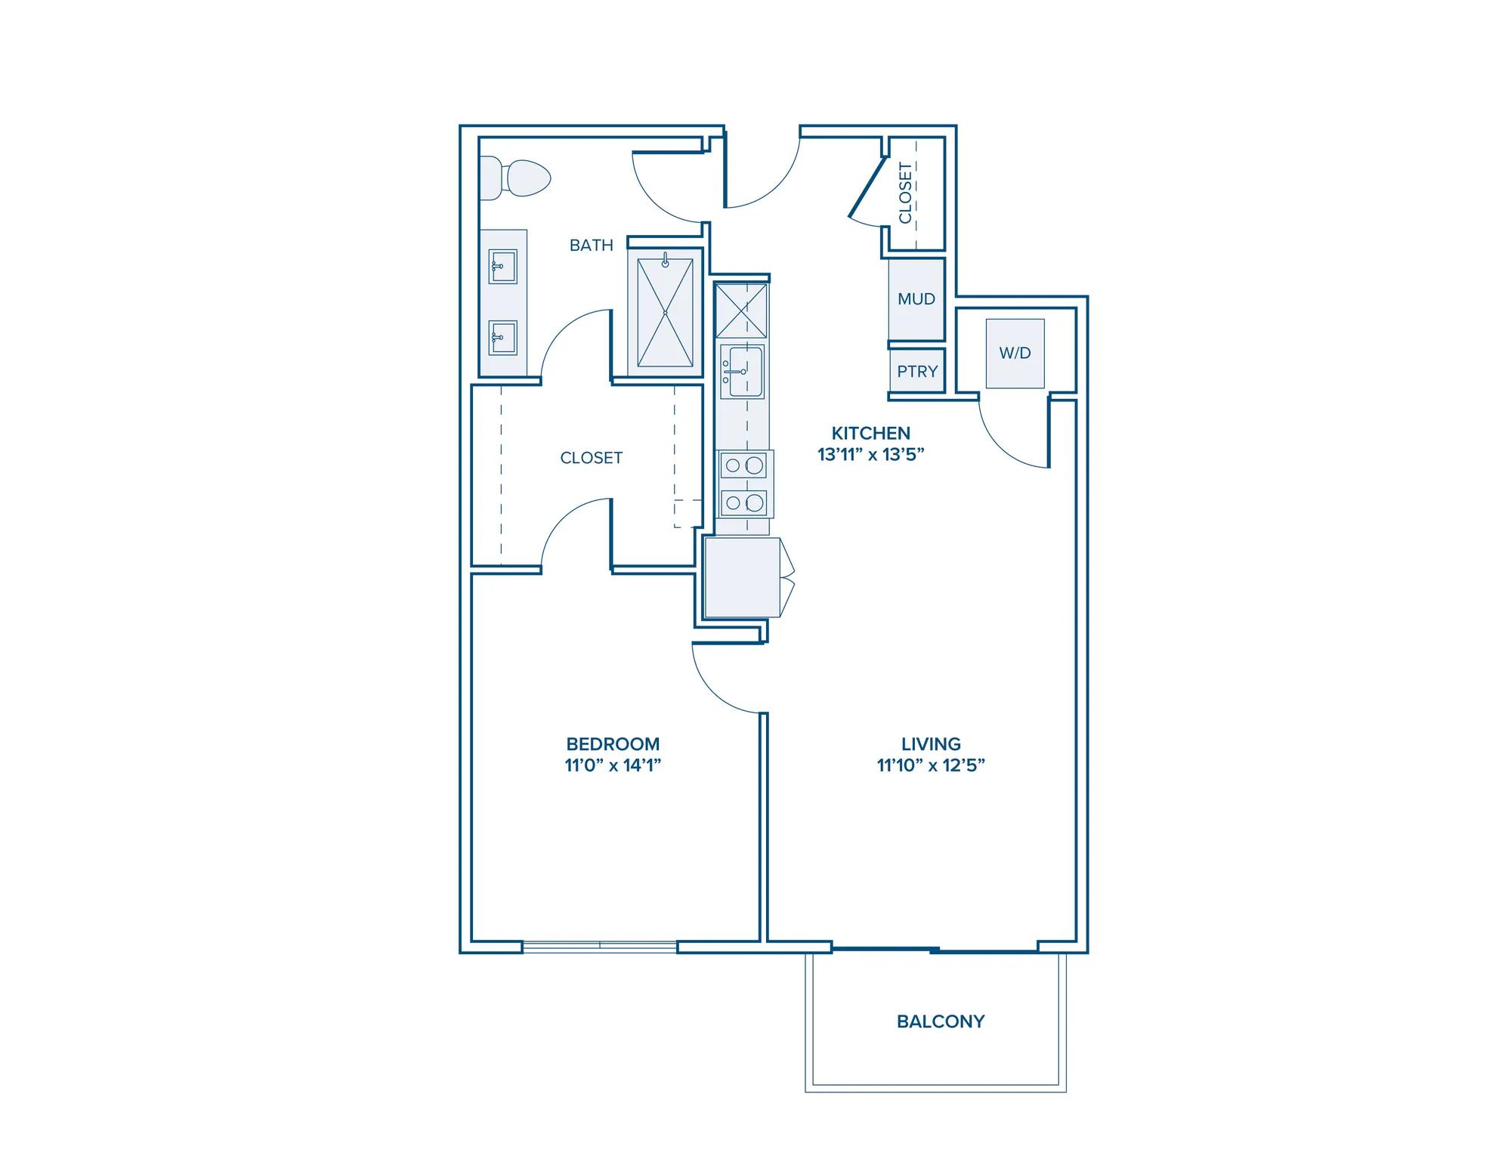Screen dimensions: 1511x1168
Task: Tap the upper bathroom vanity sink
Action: (502, 267)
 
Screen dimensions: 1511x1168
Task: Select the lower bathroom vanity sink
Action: (502, 338)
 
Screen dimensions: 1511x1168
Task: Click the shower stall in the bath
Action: (665, 313)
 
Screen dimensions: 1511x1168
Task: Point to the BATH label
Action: (592, 245)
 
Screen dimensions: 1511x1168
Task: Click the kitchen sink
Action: (742, 371)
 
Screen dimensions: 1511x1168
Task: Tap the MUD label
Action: (916, 299)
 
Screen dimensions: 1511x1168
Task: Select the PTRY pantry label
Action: (917, 372)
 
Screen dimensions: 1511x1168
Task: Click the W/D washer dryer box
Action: (1015, 354)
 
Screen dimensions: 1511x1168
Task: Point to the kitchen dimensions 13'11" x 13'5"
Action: (871, 455)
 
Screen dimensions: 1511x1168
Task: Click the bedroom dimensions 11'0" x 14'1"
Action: (613, 765)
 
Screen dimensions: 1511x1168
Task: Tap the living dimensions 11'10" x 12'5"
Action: (931, 765)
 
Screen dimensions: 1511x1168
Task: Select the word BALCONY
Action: (941, 1021)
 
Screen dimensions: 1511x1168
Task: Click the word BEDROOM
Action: (613, 744)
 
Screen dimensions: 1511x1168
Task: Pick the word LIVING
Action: (931, 744)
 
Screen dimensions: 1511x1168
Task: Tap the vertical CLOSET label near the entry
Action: (905, 193)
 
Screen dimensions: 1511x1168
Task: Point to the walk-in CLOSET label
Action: (592, 458)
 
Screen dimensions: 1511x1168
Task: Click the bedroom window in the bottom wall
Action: (600, 946)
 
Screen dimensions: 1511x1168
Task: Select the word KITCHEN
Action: (871, 434)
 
